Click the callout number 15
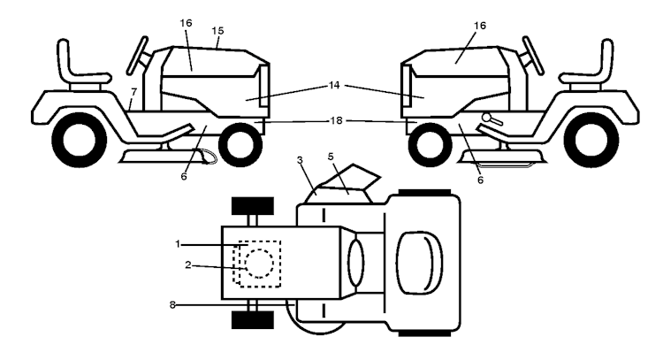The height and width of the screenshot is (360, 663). click(217, 31)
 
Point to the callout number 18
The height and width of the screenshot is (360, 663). click(335, 119)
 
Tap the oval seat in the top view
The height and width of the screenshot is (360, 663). click(415, 262)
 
